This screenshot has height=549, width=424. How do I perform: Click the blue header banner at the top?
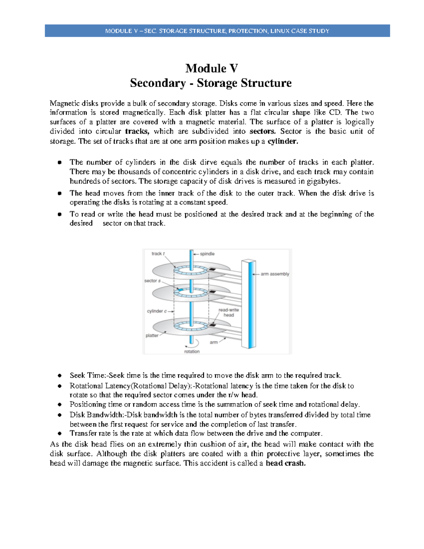point(217,31)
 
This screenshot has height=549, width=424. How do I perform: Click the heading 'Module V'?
point(211,68)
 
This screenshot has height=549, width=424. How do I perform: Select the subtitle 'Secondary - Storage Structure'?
point(211,83)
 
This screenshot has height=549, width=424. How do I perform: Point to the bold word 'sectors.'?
point(262,132)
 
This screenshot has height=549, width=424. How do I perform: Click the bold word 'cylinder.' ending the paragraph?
point(283,141)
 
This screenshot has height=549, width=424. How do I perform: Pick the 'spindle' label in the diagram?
point(207,254)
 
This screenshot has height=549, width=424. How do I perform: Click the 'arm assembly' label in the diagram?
point(275,274)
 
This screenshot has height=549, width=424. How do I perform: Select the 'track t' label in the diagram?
point(158,253)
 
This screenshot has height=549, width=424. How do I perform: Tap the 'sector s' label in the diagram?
point(152,281)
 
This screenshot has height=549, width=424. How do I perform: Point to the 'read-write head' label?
point(229,312)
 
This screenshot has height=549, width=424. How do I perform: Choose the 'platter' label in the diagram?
point(152,335)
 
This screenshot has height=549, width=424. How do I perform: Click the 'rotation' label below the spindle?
point(192,351)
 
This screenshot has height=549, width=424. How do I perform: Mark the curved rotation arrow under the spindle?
point(196,343)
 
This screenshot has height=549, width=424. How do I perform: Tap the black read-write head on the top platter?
point(212,269)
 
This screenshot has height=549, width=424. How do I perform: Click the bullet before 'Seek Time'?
point(60,375)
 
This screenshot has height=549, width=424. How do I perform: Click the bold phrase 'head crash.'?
point(285,463)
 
